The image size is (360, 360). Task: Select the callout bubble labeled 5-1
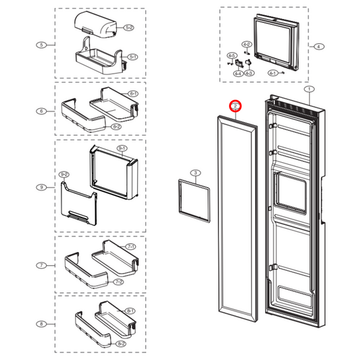pyautogui.click(x=132, y=56)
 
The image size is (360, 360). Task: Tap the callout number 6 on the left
pyautogui.click(x=41, y=111)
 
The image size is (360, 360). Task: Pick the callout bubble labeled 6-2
pyautogui.click(x=115, y=126)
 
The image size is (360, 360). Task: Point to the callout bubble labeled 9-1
pyautogui.click(x=122, y=148)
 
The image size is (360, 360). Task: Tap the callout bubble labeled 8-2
pyautogui.click(x=120, y=343)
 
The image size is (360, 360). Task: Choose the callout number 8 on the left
pyautogui.click(x=41, y=324)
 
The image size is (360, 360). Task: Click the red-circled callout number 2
pyautogui.click(x=236, y=107)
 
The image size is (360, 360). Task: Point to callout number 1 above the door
pyautogui.click(x=309, y=89)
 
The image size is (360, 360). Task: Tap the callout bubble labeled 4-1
pyautogui.click(x=272, y=72)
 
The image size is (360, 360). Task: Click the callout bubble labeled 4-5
pyautogui.click(x=232, y=55)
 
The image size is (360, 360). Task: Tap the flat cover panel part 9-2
pyautogui.click(x=78, y=205)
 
